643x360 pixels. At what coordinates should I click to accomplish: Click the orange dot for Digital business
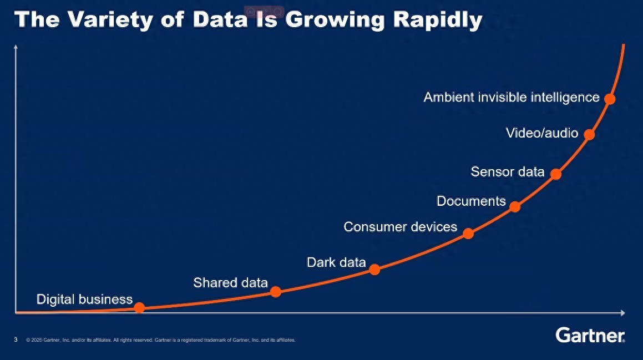tap(139, 307)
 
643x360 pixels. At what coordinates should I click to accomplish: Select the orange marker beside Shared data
tap(276, 291)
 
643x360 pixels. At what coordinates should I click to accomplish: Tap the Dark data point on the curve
tap(374, 270)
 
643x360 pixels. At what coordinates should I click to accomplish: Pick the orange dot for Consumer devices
tap(468, 233)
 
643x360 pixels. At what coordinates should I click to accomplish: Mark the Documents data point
tap(515, 207)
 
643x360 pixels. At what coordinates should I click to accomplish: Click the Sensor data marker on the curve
tap(556, 174)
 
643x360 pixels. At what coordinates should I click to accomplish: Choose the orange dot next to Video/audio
tap(589, 134)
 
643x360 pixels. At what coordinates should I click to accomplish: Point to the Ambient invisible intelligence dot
tap(610, 99)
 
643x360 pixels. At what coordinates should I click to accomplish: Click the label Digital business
tap(84, 300)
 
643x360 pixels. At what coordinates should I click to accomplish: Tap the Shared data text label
tap(230, 283)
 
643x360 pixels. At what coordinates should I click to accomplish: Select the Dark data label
tap(336, 262)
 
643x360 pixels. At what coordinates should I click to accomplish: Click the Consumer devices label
tap(400, 226)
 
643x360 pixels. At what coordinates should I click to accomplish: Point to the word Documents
tap(471, 201)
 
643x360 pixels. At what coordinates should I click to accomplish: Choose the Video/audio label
tap(542, 133)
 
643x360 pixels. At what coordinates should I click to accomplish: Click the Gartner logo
tap(590, 335)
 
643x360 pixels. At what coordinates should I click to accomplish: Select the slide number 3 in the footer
tap(16, 339)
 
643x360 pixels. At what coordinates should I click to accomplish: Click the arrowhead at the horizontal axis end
tap(623, 313)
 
